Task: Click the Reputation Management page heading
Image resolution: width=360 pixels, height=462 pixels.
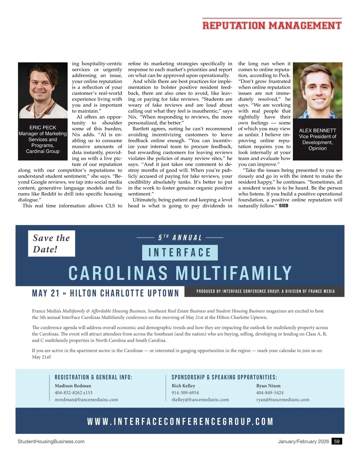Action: tap(272, 25)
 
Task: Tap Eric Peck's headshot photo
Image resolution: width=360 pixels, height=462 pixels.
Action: tap(43, 90)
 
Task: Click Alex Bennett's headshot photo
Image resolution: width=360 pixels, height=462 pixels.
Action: tap(317, 90)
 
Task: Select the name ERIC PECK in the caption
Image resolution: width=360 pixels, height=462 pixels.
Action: tap(43, 128)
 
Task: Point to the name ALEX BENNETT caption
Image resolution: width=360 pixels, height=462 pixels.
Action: tap(317, 130)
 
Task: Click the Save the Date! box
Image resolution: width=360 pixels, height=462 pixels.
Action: tap(51, 243)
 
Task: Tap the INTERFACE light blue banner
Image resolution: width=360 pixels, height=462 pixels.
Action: tap(180, 252)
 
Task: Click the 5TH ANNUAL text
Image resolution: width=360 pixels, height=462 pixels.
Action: tap(180, 238)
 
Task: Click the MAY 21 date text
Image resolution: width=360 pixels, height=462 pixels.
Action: tap(46, 293)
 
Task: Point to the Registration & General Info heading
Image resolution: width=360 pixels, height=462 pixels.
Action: tap(93, 377)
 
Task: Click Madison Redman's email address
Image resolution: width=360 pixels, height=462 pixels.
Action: tap(86, 400)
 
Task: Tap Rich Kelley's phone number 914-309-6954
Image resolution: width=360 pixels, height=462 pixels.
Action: tap(185, 393)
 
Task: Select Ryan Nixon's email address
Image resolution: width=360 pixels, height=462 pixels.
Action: tap(283, 400)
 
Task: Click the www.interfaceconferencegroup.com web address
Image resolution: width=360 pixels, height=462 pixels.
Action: tap(180, 422)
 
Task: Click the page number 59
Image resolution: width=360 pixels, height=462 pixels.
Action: tap(337, 441)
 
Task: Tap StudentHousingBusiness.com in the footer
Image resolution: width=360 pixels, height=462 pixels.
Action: tap(51, 441)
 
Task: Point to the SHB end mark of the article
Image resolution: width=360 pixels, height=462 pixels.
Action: tap(283, 206)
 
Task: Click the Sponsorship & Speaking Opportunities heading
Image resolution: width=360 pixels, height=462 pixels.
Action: tap(224, 377)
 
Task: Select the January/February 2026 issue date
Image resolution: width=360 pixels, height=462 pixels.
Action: tap(303, 441)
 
